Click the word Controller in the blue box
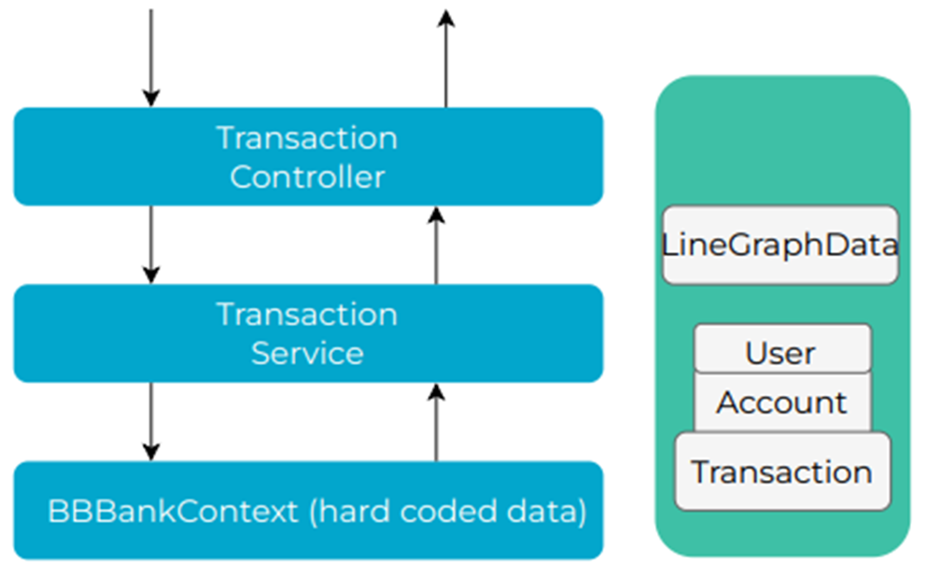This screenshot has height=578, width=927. [307, 176]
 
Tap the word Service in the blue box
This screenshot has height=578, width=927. [307, 353]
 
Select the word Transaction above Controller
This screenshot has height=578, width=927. [307, 138]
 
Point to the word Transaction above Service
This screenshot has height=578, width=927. [307, 314]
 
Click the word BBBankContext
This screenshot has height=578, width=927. [173, 512]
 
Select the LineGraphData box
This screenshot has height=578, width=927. [780, 246]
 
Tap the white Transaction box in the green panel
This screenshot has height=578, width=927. [781, 472]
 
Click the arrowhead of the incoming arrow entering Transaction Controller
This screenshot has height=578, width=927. [150, 97]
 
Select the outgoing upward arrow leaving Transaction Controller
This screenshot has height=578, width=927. [445, 56]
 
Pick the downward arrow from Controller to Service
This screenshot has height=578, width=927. [150, 244]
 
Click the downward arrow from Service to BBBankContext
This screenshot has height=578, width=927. [150, 420]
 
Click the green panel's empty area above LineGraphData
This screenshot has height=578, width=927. [781, 140]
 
